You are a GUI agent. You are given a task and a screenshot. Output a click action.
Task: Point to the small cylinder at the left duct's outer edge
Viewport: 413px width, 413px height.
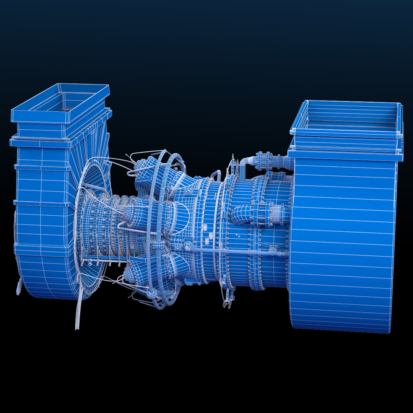(x=18, y=287)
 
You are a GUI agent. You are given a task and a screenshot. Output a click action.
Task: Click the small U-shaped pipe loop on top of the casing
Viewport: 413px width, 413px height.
(x=216, y=174)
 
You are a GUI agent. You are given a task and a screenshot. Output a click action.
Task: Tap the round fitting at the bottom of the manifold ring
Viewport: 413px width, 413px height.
(x=151, y=294)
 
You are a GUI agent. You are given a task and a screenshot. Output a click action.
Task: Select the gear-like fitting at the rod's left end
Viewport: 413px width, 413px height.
(x=188, y=245)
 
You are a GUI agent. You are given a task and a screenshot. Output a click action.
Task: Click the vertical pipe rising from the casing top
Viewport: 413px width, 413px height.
(x=242, y=170)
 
